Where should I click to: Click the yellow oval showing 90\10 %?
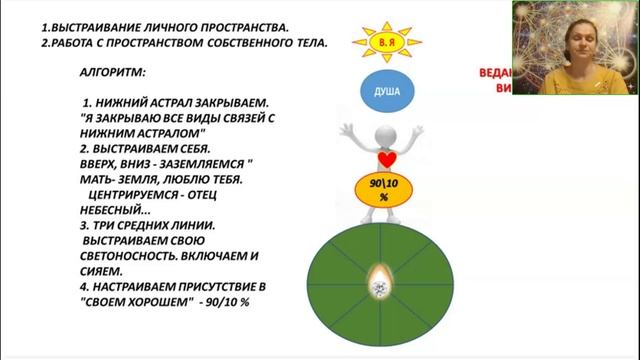pos(384,190)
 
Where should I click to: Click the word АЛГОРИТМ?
pos(113,74)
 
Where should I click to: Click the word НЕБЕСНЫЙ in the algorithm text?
pos(112,210)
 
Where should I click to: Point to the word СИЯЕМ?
pos(102,271)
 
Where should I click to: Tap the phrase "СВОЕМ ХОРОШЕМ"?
pos(134,301)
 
